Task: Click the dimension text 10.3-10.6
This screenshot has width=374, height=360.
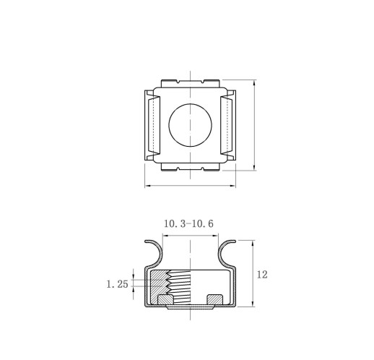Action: coord(188,224)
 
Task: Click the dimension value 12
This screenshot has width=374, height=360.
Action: coord(262,275)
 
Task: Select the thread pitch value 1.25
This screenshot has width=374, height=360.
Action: coord(117,284)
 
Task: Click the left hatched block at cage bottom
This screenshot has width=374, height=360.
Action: coord(165,299)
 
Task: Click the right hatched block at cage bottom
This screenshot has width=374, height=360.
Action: coord(215,299)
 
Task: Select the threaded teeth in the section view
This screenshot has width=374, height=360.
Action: coord(179,287)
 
